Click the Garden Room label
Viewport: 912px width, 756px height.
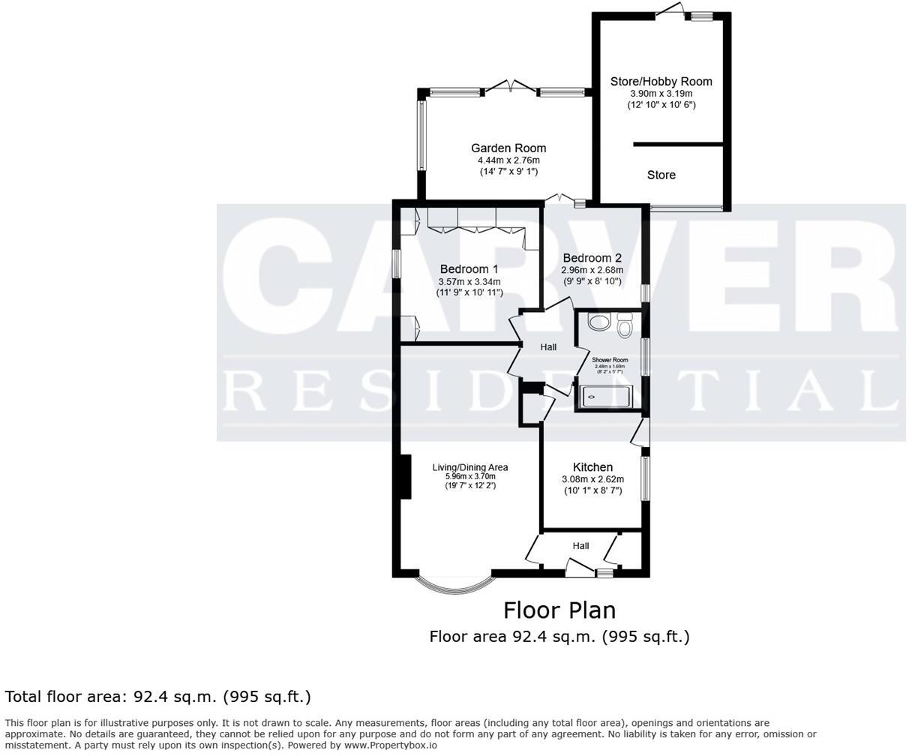[508, 148]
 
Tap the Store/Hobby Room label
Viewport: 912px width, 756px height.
[661, 81]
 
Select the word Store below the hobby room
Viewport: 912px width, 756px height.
[661, 175]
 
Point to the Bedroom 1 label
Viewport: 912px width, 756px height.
[469, 269]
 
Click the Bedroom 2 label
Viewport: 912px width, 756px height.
[592, 258]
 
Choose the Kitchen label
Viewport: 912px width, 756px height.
[592, 467]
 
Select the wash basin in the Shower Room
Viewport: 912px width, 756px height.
[599, 323]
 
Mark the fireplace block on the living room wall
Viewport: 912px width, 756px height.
[406, 477]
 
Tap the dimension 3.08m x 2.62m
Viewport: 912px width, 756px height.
[592, 480]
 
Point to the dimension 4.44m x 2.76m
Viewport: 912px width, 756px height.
[508, 160]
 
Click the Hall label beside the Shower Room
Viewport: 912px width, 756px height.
[548, 347]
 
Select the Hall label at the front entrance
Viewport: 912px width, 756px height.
[580, 546]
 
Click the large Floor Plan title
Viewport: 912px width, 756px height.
[559, 610]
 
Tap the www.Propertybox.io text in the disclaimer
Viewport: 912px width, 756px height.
[391, 745]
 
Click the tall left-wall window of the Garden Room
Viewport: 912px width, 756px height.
[421, 135]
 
